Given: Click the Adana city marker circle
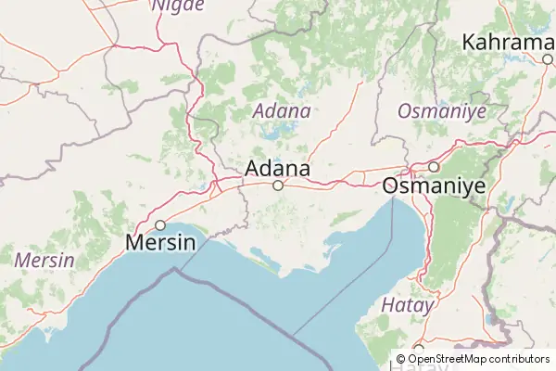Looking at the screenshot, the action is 277,185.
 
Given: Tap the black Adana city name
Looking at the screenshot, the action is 278,169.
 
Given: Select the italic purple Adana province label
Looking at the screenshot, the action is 282,110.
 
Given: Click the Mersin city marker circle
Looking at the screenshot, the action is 160,224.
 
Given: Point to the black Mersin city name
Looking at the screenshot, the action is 160,243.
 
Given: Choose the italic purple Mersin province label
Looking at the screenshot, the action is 44,260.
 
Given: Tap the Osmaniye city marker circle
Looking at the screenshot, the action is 433,167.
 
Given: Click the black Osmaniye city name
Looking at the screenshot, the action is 434,185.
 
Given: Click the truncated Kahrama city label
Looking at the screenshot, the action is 508,42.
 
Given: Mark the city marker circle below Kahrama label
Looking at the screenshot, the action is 549,59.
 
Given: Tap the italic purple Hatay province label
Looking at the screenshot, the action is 408,304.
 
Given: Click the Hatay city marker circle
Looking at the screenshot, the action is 419,349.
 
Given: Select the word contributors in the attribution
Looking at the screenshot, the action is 519,358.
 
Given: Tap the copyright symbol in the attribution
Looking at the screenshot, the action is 401,358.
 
